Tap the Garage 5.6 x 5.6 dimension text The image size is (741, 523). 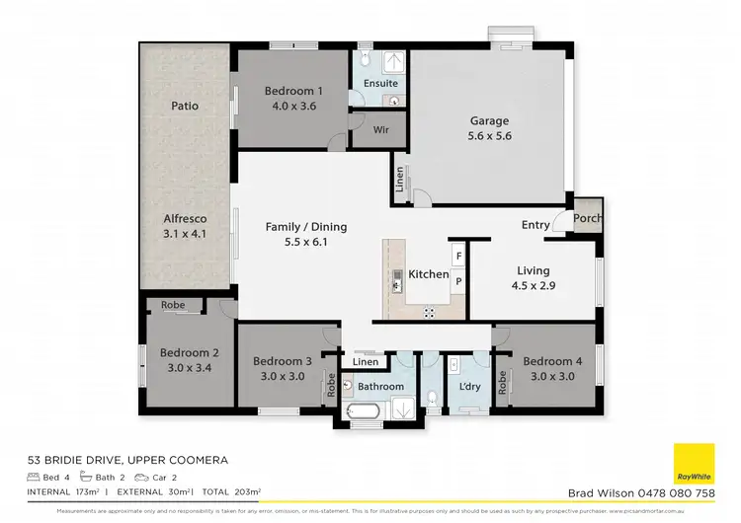click(490, 136)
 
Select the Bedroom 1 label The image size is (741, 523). click(290, 92)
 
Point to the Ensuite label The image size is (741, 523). click(380, 84)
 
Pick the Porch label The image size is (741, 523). click(588, 219)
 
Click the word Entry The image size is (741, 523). click(535, 225)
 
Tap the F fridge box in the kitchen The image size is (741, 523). click(458, 257)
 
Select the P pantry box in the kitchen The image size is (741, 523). click(458, 281)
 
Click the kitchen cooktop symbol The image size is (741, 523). click(430, 313)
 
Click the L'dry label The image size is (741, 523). click(469, 387)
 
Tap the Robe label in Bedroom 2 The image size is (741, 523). click(173, 306)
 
